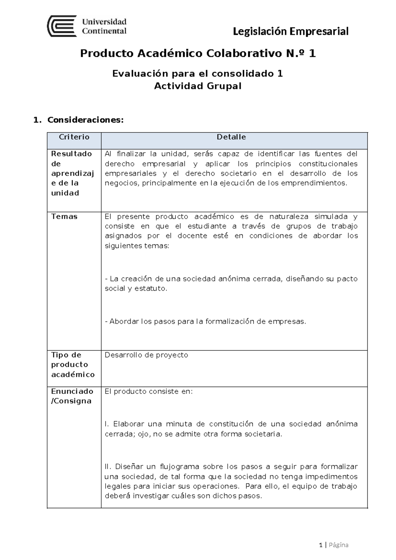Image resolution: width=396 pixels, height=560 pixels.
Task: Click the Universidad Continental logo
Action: point(87,26)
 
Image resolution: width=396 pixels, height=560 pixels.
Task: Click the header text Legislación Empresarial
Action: point(290,31)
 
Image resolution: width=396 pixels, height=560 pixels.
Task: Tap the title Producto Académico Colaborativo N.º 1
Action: point(198,53)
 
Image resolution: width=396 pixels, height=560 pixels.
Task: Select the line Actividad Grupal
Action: point(198,86)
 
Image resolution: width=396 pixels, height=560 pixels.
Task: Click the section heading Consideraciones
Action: point(85,120)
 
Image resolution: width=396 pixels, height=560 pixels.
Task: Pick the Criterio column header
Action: point(74,137)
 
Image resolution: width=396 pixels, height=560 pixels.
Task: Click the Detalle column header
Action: point(231,137)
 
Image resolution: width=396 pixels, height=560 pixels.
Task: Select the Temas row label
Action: point(64,217)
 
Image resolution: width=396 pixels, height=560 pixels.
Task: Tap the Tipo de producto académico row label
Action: point(73,365)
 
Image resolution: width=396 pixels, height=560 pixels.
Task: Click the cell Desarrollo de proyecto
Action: point(146,355)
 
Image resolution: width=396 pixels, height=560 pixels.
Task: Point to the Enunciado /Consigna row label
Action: point(72,396)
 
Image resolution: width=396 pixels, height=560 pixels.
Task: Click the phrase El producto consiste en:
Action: point(148,392)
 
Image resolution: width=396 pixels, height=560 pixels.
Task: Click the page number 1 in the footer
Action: point(320,545)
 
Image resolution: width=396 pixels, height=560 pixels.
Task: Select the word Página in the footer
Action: point(338,545)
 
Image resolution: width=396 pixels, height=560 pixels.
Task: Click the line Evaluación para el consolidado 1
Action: point(198,74)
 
